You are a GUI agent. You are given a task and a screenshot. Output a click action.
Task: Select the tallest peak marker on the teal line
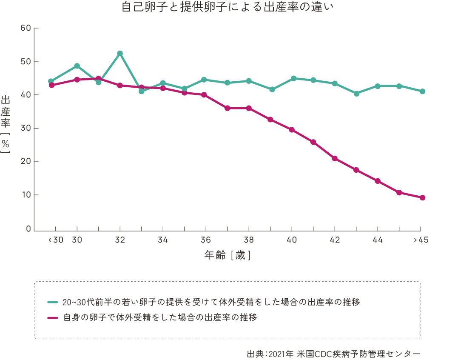[120, 51]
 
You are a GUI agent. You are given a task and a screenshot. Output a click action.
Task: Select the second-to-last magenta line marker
[400, 193]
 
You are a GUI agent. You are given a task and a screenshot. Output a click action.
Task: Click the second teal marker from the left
[77, 65]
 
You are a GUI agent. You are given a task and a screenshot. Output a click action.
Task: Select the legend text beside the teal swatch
[211, 302]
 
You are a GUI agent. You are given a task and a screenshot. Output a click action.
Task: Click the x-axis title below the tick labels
[228, 256]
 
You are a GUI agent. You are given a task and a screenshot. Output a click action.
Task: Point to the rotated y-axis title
[7, 123]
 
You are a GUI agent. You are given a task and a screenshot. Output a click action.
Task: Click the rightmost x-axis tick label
[421, 241]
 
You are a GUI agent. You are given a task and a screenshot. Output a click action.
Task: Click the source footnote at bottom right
[334, 354]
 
